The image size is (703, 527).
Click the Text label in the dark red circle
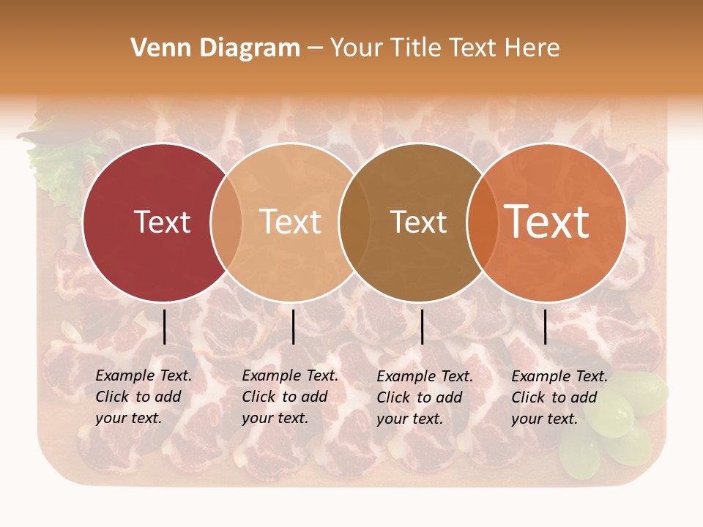[162, 222]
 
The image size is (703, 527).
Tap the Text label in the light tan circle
[290, 222]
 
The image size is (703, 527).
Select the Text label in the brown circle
[418, 222]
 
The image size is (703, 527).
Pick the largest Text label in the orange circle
[547, 221]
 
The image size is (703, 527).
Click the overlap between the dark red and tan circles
[226, 223]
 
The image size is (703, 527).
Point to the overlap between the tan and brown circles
[354, 223]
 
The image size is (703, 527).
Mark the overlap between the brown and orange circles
[483, 223]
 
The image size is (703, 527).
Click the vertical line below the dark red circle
[164, 326]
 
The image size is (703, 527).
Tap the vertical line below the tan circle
[293, 326]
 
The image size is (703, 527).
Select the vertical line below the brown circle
[422, 326]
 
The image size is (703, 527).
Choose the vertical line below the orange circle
[545, 326]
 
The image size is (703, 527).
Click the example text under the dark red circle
[143, 397]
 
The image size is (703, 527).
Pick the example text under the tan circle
[289, 397]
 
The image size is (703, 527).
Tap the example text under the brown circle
[424, 397]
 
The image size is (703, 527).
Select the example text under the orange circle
[559, 397]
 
